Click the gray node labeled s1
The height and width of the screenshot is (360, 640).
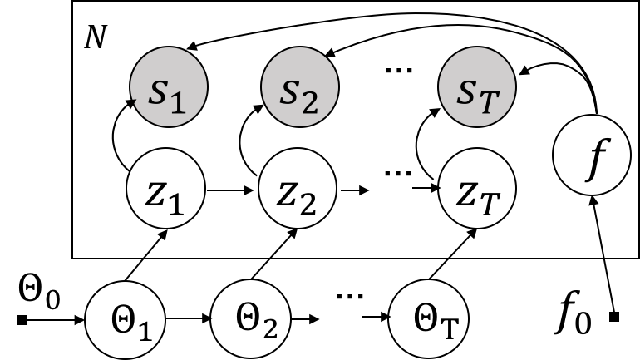point(169,87)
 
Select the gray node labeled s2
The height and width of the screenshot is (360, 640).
point(299,87)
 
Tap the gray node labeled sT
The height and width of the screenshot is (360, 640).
point(476,87)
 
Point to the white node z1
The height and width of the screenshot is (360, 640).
point(165,190)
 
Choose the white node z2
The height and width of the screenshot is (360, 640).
point(298,190)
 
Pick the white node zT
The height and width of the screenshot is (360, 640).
point(477,190)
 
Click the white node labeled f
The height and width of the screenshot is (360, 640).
point(592,155)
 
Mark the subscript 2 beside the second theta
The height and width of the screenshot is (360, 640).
point(268,329)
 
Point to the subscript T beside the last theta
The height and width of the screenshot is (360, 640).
point(448,330)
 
